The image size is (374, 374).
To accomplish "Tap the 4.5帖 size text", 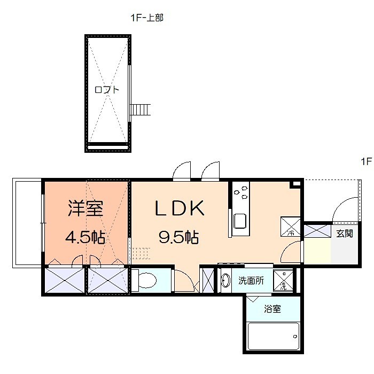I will [x=85, y=237].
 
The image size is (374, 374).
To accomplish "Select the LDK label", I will [x=180, y=208].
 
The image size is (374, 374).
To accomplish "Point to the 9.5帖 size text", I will [x=178, y=237].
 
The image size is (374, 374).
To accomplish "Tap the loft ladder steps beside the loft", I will [x=141, y=110].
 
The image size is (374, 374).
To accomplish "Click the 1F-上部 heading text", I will [x=146, y=18].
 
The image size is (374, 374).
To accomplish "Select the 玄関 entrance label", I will [x=345, y=233].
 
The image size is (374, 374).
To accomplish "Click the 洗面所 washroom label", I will [x=250, y=280].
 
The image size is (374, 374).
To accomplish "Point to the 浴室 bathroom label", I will [x=272, y=309].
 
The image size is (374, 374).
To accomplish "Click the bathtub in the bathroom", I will [x=273, y=336].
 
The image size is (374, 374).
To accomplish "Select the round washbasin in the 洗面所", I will [x=226, y=280].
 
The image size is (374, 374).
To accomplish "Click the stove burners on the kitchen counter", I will [x=240, y=191].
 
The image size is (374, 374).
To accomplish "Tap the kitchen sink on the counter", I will [x=239, y=221].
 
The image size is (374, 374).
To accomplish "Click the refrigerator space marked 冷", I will [x=291, y=227].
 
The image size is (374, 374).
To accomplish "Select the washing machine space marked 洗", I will [x=284, y=280].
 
